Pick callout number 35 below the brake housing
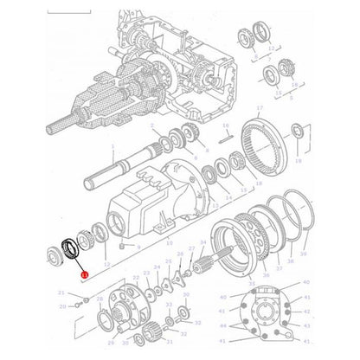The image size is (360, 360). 252,283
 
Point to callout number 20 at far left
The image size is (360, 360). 61,305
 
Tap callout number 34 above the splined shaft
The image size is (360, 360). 202,243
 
